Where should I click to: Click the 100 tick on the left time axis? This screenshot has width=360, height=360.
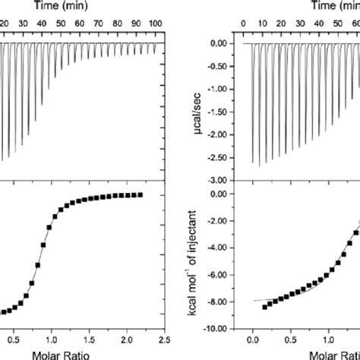156,24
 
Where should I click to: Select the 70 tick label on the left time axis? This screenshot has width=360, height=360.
113,24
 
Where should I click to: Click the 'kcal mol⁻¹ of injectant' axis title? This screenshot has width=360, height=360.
199,261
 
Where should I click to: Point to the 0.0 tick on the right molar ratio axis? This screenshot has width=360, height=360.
252,340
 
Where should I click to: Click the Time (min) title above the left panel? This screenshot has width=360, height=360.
64,6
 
